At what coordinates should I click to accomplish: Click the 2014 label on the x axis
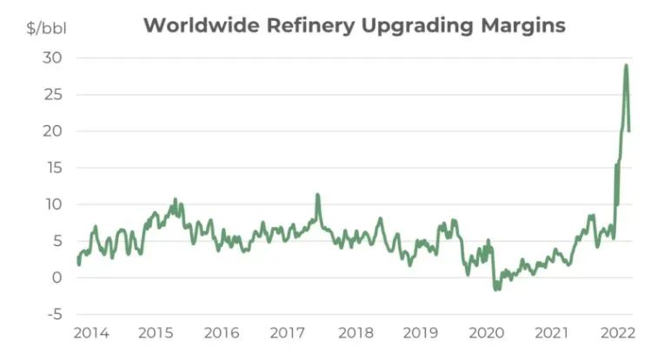tap(91, 333)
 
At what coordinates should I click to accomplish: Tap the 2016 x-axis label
tap(223, 333)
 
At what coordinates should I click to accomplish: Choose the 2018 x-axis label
tap(355, 333)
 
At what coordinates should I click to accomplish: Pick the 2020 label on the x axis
tap(488, 333)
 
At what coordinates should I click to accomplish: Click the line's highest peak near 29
tap(626, 65)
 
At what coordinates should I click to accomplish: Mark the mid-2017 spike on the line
tap(317, 196)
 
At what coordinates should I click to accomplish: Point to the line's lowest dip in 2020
tap(496, 289)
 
